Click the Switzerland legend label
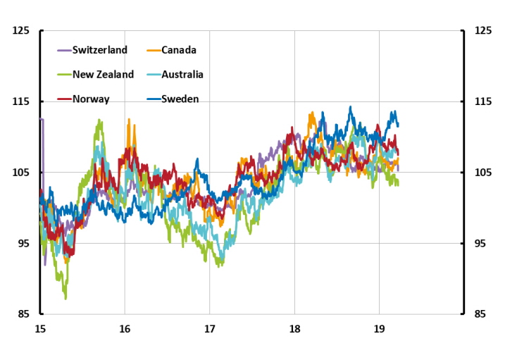(x=100, y=50)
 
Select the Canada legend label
(x=179, y=50)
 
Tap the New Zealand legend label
(x=103, y=75)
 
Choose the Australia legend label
(x=182, y=75)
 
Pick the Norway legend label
(x=91, y=99)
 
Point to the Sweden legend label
(x=180, y=99)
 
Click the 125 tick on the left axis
(x=20, y=31)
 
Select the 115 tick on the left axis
(x=20, y=102)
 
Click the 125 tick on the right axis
(x=484, y=31)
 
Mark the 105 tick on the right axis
(x=484, y=173)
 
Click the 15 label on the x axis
(x=40, y=329)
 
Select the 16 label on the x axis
(x=125, y=329)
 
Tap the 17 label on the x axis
(x=209, y=329)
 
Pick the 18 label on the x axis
(x=294, y=329)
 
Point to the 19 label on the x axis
(x=379, y=329)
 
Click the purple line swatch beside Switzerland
(x=64, y=50)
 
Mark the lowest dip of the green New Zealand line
(x=66, y=299)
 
